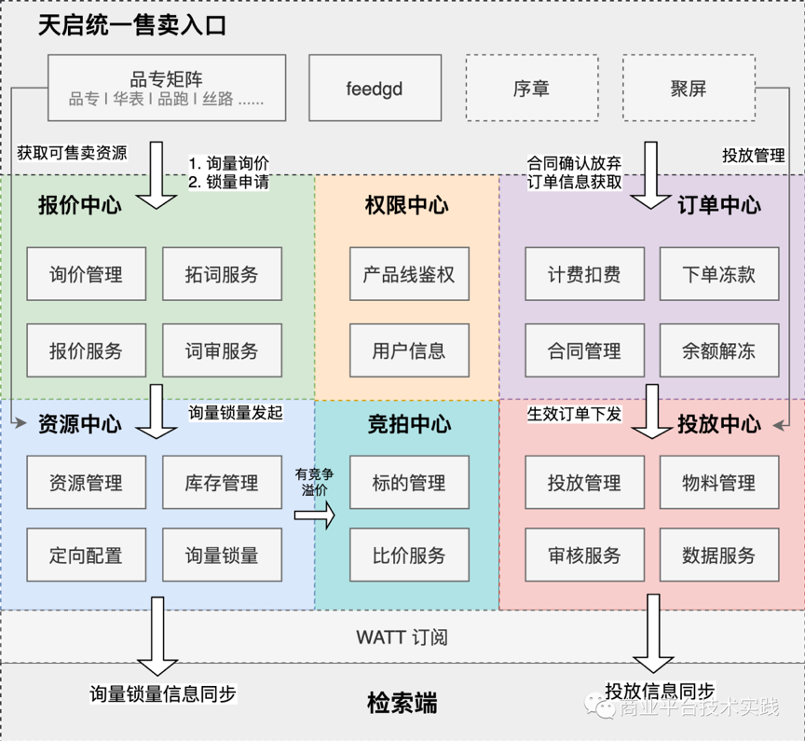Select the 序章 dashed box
tap(530, 89)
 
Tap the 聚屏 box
tap(688, 89)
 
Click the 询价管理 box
tap(86, 274)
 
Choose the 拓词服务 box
tap(222, 274)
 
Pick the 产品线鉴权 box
tap(408, 274)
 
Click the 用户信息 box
tap(408, 350)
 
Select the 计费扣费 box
tap(584, 274)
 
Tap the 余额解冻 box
tap(718, 350)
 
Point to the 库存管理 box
tap(222, 483)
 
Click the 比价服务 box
tap(408, 556)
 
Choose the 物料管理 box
tap(718, 483)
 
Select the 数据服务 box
tap(718, 556)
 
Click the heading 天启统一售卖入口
tap(132, 25)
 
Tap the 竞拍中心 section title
tap(408, 424)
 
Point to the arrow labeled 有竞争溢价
tap(314, 514)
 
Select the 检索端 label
tap(402, 703)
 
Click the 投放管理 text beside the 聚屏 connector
tap(753, 155)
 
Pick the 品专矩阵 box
tap(167, 89)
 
